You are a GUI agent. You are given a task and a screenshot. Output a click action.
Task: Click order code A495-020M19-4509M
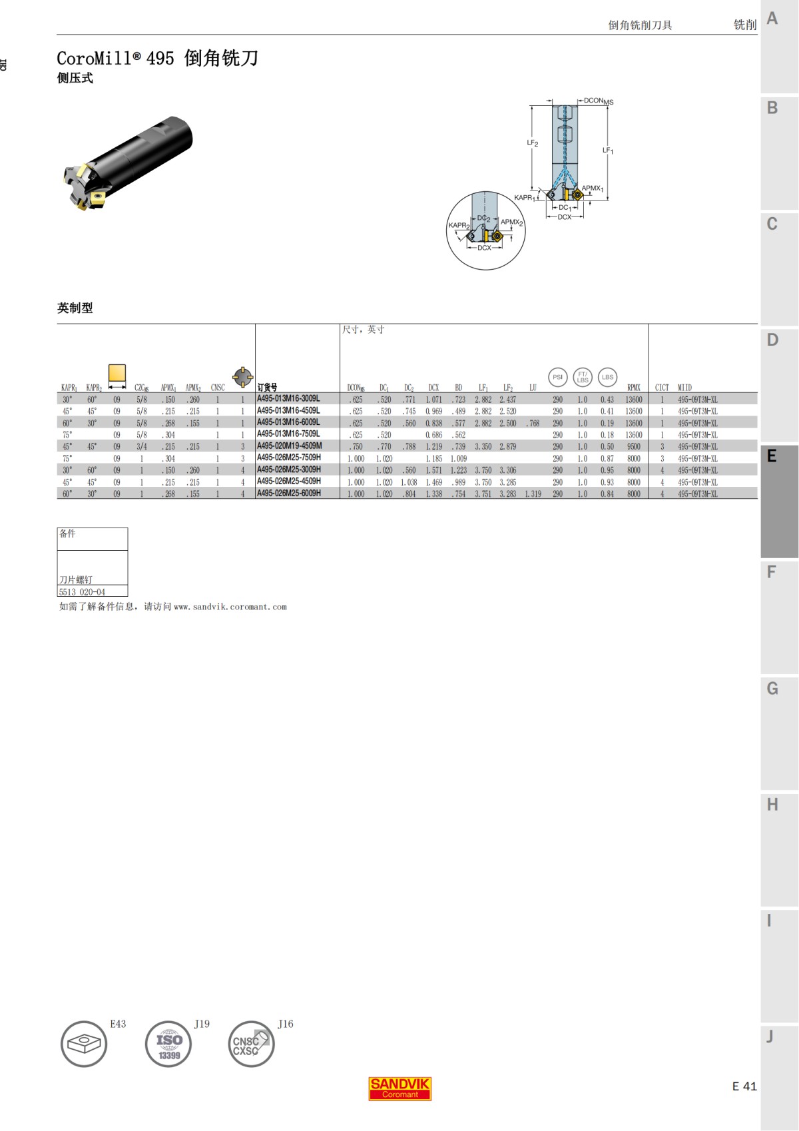tap(289, 446)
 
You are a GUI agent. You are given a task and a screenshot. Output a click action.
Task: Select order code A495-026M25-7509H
tap(288, 458)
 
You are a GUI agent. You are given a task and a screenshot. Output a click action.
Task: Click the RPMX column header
tap(633, 388)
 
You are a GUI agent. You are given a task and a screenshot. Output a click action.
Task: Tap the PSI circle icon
tap(558, 377)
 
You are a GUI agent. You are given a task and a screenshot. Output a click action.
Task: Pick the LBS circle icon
tap(607, 377)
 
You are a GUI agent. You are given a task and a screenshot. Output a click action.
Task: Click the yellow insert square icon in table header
tap(117, 373)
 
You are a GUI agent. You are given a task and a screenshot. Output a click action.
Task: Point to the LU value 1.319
tap(533, 494)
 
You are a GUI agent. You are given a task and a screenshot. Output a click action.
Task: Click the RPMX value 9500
tap(633, 447)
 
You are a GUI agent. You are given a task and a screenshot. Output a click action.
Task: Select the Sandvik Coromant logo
tap(400, 1088)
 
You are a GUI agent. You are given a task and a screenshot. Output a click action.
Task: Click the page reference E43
tap(118, 1024)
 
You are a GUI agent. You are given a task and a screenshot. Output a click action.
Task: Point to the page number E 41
tap(744, 1086)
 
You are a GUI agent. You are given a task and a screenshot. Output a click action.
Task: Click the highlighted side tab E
tap(772, 456)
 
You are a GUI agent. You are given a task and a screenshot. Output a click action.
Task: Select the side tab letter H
tap(772, 805)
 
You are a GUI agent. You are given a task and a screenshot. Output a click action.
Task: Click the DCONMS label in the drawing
tap(598, 101)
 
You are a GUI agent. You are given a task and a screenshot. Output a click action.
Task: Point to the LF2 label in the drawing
tap(532, 143)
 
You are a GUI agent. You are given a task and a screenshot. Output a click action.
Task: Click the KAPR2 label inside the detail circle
tap(459, 226)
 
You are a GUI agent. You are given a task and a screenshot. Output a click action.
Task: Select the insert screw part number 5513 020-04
tap(82, 592)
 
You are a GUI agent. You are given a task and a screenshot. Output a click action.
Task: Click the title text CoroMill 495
tap(115, 59)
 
